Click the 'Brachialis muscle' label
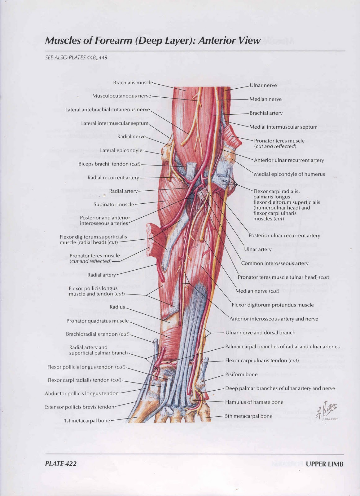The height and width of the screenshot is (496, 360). click(x=133, y=83)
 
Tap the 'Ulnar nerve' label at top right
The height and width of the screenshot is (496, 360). click(x=263, y=85)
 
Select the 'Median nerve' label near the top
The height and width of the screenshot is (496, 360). click(x=266, y=99)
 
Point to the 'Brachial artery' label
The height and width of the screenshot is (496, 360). click(x=266, y=113)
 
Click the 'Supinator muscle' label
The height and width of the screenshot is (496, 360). click(x=114, y=205)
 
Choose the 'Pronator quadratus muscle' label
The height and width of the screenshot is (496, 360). click(x=97, y=321)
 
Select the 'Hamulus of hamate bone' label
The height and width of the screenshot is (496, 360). click(x=254, y=402)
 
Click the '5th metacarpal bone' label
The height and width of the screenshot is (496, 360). click(x=249, y=416)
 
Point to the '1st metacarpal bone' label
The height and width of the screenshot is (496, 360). click(x=87, y=421)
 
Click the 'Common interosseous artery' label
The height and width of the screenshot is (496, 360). click(x=274, y=263)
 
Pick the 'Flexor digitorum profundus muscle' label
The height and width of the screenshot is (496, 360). click(x=273, y=305)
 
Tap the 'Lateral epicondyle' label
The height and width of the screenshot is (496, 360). click(x=121, y=150)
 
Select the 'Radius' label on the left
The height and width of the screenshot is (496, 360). click(x=117, y=307)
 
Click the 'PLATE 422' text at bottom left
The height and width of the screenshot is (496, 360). click(x=61, y=464)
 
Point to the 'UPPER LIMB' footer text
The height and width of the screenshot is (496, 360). click(x=324, y=464)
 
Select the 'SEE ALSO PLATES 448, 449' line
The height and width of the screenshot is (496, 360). click(x=76, y=57)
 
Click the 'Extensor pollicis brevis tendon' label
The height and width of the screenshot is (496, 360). click(x=79, y=407)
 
